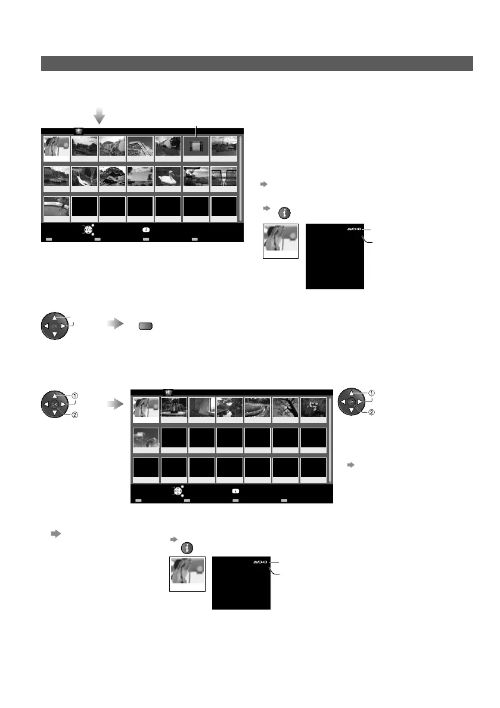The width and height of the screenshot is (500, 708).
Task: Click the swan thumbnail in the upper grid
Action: tap(168, 177)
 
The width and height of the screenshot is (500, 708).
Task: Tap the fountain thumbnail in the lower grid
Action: tap(174, 407)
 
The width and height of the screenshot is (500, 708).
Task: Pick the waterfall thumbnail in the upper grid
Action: tap(85, 177)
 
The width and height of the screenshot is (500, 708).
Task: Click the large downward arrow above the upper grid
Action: tap(100, 114)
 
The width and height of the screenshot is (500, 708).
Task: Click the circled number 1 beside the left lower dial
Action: tap(76, 395)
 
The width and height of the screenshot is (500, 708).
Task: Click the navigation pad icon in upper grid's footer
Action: tap(88, 230)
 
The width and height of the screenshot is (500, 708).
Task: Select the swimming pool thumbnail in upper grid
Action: tap(57, 207)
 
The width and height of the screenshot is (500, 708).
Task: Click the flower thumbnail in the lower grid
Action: tap(313, 407)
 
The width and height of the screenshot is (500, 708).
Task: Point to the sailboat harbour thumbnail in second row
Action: tap(57, 177)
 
